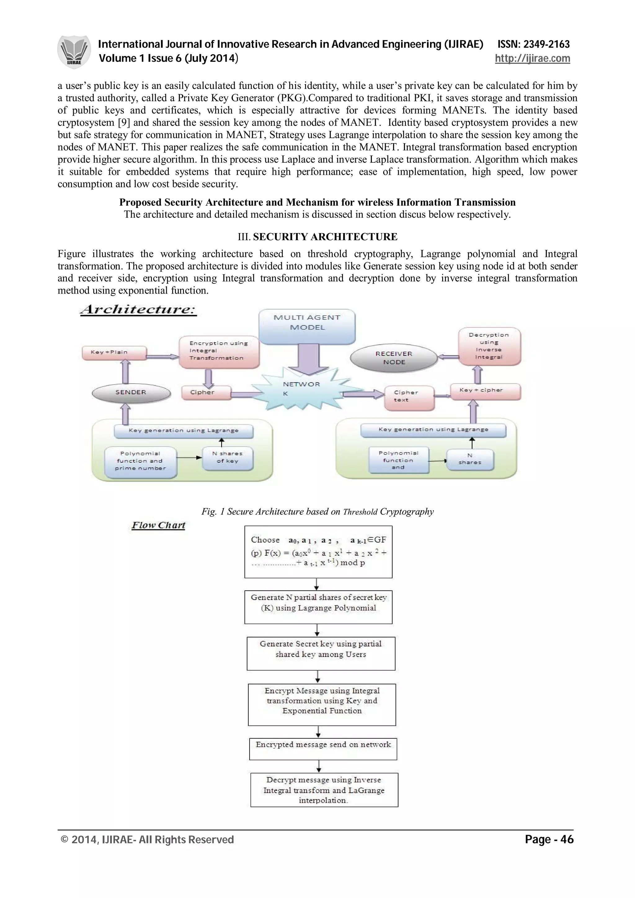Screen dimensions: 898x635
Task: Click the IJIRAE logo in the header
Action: point(74,52)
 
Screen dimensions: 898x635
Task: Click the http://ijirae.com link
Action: point(532,59)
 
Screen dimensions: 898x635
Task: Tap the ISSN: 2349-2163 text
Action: point(533,44)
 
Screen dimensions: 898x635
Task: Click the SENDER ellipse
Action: point(131,393)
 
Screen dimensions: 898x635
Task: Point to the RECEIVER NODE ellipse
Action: point(393,358)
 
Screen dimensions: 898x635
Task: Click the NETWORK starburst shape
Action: point(302,390)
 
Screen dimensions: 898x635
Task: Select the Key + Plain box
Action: point(114,352)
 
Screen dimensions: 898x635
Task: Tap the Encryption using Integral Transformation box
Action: point(219,351)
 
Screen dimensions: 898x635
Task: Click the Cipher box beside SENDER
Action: point(206,393)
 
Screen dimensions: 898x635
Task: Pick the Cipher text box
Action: point(409,397)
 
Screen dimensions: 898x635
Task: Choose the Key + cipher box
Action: point(485,391)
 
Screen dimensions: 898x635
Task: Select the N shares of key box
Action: point(227,458)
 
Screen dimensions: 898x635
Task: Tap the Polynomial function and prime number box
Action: point(140,461)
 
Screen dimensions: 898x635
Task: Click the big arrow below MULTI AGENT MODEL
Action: point(308,358)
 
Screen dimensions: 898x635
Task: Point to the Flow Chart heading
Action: point(158,525)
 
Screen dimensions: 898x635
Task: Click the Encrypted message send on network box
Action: point(323,749)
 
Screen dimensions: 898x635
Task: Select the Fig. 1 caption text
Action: point(317,512)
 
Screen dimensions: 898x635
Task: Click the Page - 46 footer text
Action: point(549,839)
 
